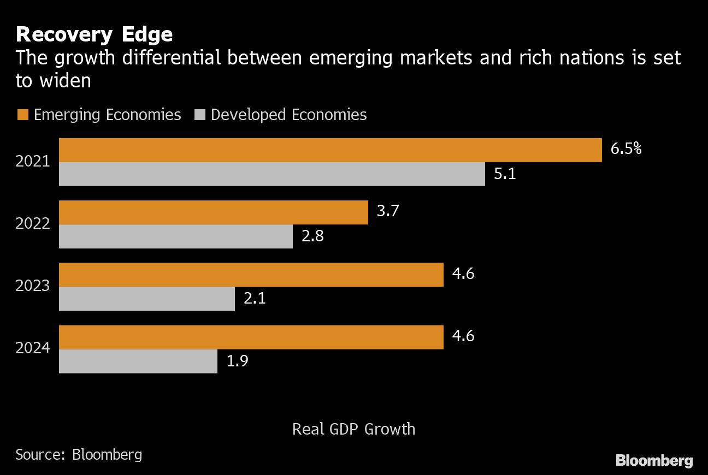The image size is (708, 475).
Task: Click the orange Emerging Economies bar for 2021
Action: [x=330, y=150]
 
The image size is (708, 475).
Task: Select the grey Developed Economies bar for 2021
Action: [x=272, y=174]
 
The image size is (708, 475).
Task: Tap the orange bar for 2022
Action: [x=213, y=212]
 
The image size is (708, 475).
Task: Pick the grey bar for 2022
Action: [x=175, y=236]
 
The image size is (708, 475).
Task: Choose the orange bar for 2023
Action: [x=251, y=275]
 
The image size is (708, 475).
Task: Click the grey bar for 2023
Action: [x=146, y=299]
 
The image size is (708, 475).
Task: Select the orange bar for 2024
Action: [x=251, y=337]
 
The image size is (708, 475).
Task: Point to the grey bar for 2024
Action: [x=138, y=361]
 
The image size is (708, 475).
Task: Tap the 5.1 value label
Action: [x=505, y=175]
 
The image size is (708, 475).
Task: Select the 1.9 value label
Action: [x=237, y=361]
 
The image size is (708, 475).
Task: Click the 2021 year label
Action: [x=33, y=162]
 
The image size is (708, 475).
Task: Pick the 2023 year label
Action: [x=33, y=286]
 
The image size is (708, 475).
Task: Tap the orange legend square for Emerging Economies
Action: [x=22, y=115]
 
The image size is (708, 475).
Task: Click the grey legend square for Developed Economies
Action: [x=199, y=115]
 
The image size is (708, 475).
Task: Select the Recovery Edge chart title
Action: [x=94, y=34]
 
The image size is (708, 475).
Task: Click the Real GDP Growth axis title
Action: [x=353, y=429]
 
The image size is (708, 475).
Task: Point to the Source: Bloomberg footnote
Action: [x=79, y=454]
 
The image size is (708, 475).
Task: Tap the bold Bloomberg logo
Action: [x=654, y=460]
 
